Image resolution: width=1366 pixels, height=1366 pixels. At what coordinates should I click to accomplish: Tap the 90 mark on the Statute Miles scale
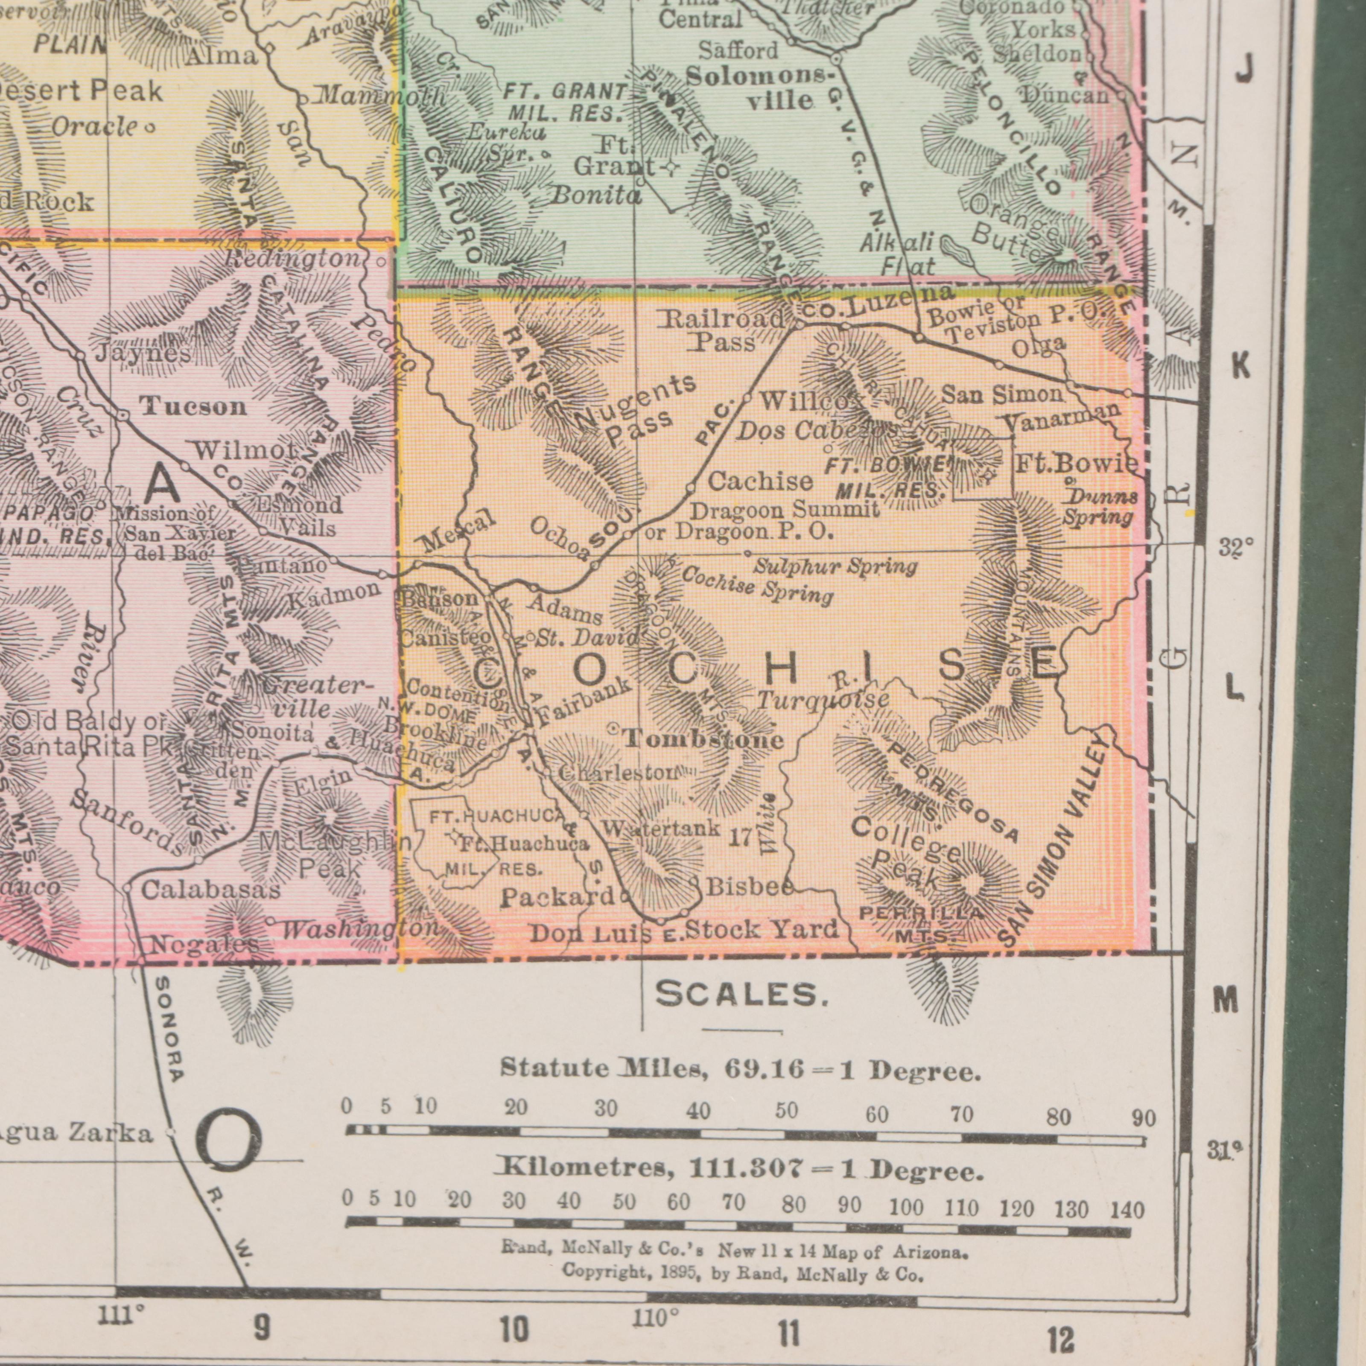pos(1143,1118)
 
